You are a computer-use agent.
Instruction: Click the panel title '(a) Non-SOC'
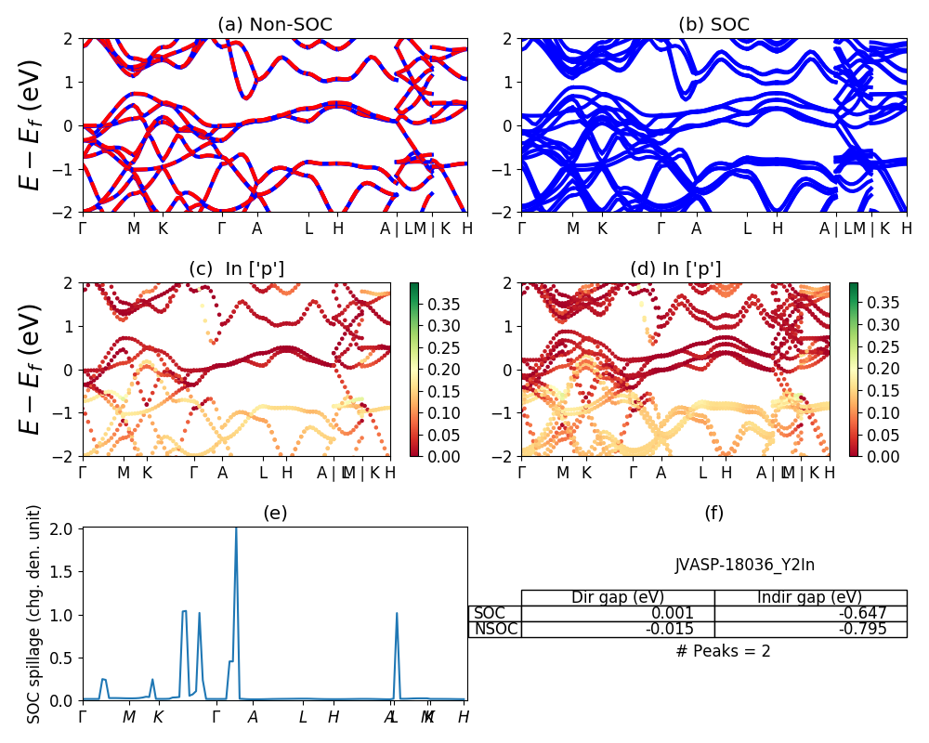275,25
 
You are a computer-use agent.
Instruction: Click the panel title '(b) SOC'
713,25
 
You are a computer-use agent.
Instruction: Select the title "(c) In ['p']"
237,268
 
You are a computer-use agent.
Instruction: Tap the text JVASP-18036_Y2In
745,565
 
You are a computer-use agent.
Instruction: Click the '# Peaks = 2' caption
723,651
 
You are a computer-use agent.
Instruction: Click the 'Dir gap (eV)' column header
617,597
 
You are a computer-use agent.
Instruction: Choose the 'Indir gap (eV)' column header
809,597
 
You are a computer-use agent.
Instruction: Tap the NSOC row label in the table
495,629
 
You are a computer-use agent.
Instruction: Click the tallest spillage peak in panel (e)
236,530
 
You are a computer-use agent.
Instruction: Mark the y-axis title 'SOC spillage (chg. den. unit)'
35,614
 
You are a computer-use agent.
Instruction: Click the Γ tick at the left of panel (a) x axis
83,228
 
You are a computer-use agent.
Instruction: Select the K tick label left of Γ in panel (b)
602,228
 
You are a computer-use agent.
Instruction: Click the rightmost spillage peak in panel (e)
397,614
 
